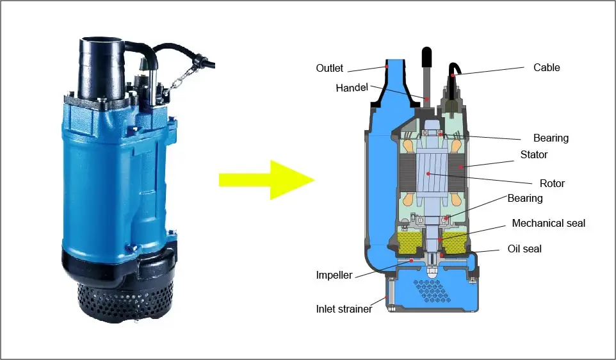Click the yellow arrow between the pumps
[266, 180]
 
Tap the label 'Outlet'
[329, 68]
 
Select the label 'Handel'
[352, 88]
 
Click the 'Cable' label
[546, 67]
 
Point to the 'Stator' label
[534, 154]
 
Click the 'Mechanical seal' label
[548, 224]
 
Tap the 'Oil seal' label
[524, 249]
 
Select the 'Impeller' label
[334, 275]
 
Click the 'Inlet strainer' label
[344, 309]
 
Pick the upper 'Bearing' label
[551, 138]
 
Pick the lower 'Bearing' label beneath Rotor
[524, 199]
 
